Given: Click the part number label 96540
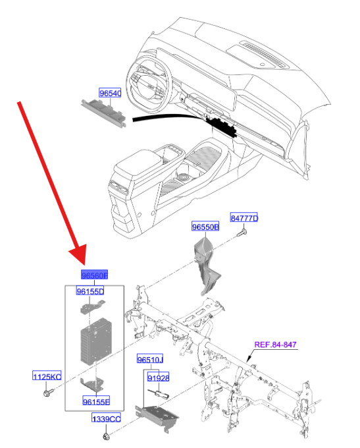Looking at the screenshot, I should (x=111, y=94).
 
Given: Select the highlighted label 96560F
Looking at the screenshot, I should (x=93, y=275).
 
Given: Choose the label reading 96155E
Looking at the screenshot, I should (x=96, y=401).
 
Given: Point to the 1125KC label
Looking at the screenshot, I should (x=47, y=376).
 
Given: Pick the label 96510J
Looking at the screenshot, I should (x=150, y=360).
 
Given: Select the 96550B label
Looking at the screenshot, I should (x=205, y=227).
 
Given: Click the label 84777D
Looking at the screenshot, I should (x=244, y=218).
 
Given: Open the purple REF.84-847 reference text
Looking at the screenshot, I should (x=280, y=345).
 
